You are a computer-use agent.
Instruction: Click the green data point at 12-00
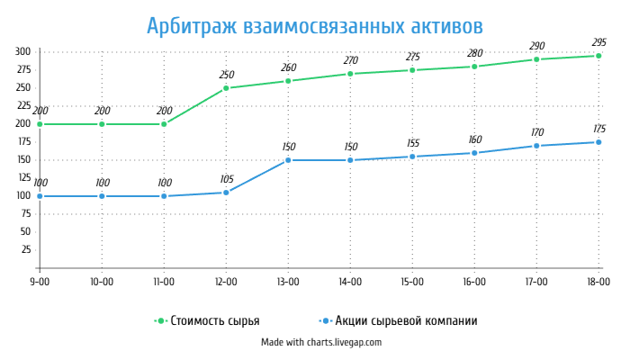click(x=226, y=88)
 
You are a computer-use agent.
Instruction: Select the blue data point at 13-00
click(x=288, y=160)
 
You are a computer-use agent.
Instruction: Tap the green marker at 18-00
click(x=598, y=56)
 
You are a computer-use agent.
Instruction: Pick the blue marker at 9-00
click(x=40, y=196)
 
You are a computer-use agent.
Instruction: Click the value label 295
click(x=598, y=42)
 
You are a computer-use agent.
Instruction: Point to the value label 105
click(x=226, y=179)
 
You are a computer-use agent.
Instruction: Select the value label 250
click(x=226, y=75)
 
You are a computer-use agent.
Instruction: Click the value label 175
click(x=598, y=129)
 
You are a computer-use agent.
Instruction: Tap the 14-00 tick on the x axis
click(x=350, y=282)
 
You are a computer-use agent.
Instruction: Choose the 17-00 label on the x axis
click(x=536, y=282)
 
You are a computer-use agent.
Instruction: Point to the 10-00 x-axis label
click(x=102, y=282)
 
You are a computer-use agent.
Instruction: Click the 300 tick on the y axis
click(x=22, y=51)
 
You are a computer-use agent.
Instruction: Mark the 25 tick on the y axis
click(x=25, y=249)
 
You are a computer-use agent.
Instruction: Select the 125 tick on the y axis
click(x=22, y=177)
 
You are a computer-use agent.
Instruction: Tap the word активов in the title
click(x=437, y=24)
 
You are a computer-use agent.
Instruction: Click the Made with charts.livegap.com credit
click(x=321, y=342)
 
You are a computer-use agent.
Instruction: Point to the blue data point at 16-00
click(x=474, y=153)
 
